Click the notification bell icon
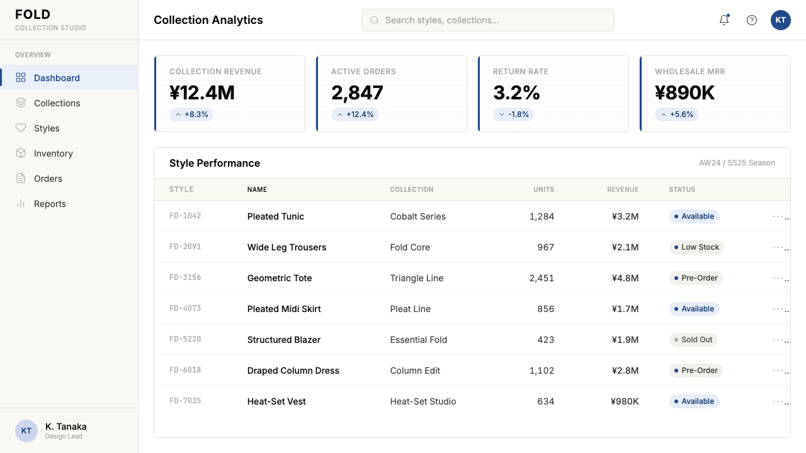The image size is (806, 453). pos(724,20)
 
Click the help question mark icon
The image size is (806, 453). pos(752,20)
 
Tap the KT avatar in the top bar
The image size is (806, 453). pos(780,20)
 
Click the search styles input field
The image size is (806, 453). pos(487,20)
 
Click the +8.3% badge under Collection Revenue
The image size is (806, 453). pos(191,115)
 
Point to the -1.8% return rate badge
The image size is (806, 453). pos(513,115)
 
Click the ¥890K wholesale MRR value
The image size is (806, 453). pos(684,92)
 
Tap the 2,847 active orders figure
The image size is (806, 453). pos(357,92)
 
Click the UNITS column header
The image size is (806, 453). pos(543,189)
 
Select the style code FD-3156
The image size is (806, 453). pos(185,277)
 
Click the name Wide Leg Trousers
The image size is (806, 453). pos(287,247)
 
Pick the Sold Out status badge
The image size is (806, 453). pos(693,340)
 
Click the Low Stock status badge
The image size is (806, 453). pos(696,247)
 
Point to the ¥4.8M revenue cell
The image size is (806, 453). pos(625,278)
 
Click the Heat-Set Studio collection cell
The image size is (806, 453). pos(423,401)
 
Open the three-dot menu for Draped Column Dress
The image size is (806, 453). pos(780,371)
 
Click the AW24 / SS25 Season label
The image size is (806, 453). pos(737,163)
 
